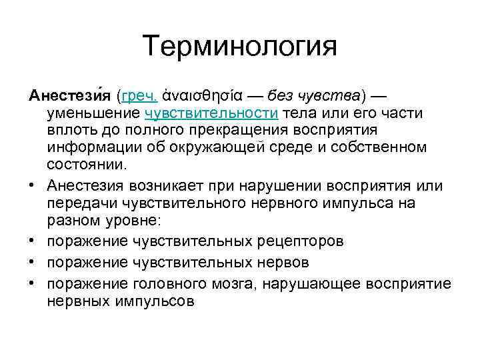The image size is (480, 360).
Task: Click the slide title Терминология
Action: tap(240, 47)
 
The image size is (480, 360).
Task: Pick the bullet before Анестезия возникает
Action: tap(33, 185)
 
